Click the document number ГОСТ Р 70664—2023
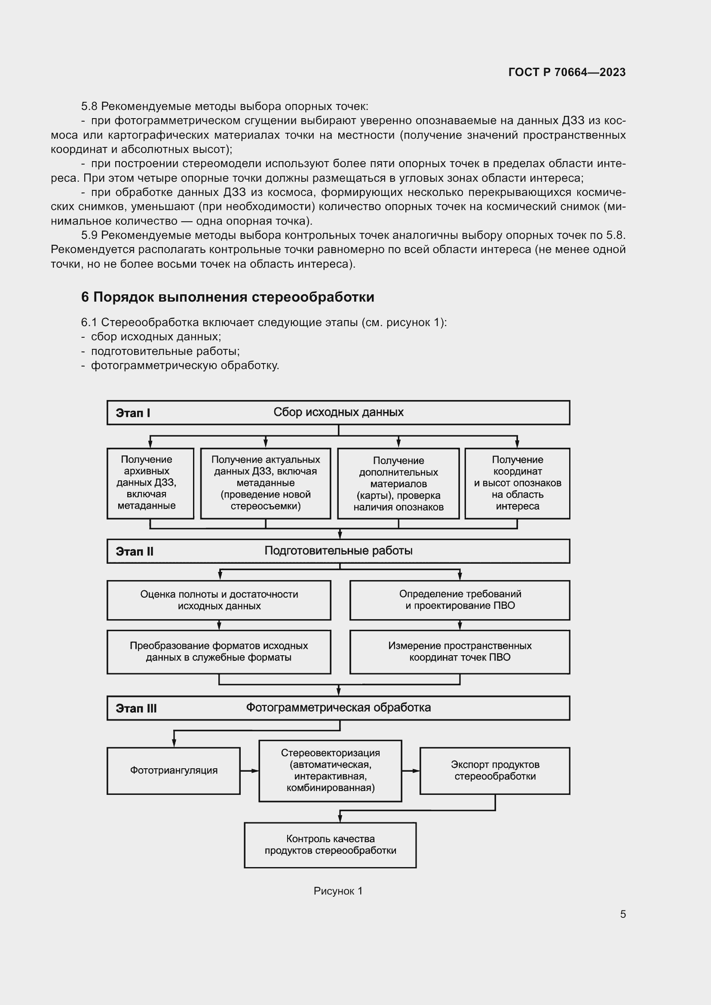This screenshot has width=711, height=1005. (x=567, y=72)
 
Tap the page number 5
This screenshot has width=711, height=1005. (x=622, y=914)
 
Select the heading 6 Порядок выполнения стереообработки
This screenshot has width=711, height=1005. (x=227, y=297)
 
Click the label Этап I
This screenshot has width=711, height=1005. (x=133, y=413)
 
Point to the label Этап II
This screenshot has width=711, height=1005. (x=135, y=551)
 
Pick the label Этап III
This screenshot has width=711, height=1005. (x=136, y=708)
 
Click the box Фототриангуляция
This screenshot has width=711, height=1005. (x=173, y=770)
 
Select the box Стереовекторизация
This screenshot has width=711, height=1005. (x=330, y=770)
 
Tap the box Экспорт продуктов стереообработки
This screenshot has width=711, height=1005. (x=495, y=770)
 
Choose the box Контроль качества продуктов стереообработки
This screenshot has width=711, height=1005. (x=330, y=845)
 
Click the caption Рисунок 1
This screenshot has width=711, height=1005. (x=338, y=891)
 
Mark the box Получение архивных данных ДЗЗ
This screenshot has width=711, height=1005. (x=150, y=483)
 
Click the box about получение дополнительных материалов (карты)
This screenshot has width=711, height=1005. (x=398, y=483)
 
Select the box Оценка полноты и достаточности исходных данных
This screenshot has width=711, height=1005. (x=219, y=600)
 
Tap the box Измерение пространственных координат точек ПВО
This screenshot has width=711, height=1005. (x=460, y=651)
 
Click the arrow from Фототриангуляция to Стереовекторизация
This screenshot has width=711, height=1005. (x=250, y=771)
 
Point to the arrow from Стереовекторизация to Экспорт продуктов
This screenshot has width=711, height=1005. (x=411, y=771)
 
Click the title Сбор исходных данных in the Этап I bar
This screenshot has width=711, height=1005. (x=338, y=412)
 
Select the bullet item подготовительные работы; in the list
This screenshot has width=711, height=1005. (x=165, y=351)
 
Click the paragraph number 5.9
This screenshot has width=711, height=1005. (x=89, y=235)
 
